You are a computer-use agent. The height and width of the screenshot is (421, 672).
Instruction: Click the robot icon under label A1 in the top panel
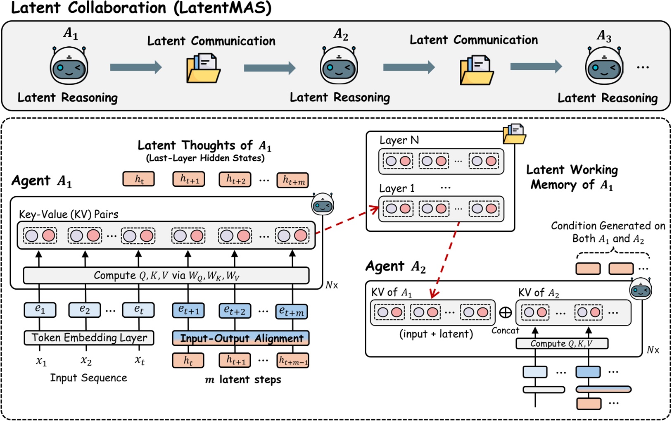click(x=69, y=66)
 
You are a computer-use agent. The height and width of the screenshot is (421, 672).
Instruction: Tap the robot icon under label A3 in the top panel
click(x=604, y=67)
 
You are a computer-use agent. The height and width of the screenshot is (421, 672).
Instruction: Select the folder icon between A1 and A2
click(x=203, y=68)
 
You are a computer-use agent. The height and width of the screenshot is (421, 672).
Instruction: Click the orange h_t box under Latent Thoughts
click(x=139, y=179)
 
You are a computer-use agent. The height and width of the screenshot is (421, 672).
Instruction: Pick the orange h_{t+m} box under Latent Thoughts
click(x=292, y=180)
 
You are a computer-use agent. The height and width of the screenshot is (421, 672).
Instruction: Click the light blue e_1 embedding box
click(x=40, y=309)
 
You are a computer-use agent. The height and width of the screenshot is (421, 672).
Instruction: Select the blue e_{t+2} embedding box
click(x=235, y=310)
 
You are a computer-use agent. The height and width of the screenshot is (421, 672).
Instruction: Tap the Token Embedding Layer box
click(x=89, y=338)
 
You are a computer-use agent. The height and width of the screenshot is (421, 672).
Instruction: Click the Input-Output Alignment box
click(x=241, y=338)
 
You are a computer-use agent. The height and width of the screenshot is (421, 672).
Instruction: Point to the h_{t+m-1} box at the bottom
click(x=293, y=361)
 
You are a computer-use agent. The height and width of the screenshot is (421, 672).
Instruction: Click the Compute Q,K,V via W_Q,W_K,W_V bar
click(x=166, y=276)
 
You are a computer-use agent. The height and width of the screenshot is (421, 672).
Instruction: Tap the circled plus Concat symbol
click(x=506, y=312)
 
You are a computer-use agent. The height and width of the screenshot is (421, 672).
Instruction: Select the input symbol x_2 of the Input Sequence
click(x=86, y=361)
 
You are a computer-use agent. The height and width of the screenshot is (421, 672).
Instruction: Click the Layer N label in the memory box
click(x=399, y=140)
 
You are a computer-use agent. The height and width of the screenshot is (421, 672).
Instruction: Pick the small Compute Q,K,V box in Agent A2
click(x=562, y=343)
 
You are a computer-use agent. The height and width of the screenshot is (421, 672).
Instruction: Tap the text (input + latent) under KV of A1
click(x=436, y=334)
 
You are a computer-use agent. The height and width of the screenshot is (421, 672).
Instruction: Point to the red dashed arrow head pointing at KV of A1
click(x=433, y=294)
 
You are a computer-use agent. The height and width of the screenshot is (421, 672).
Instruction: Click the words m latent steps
click(x=243, y=379)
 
